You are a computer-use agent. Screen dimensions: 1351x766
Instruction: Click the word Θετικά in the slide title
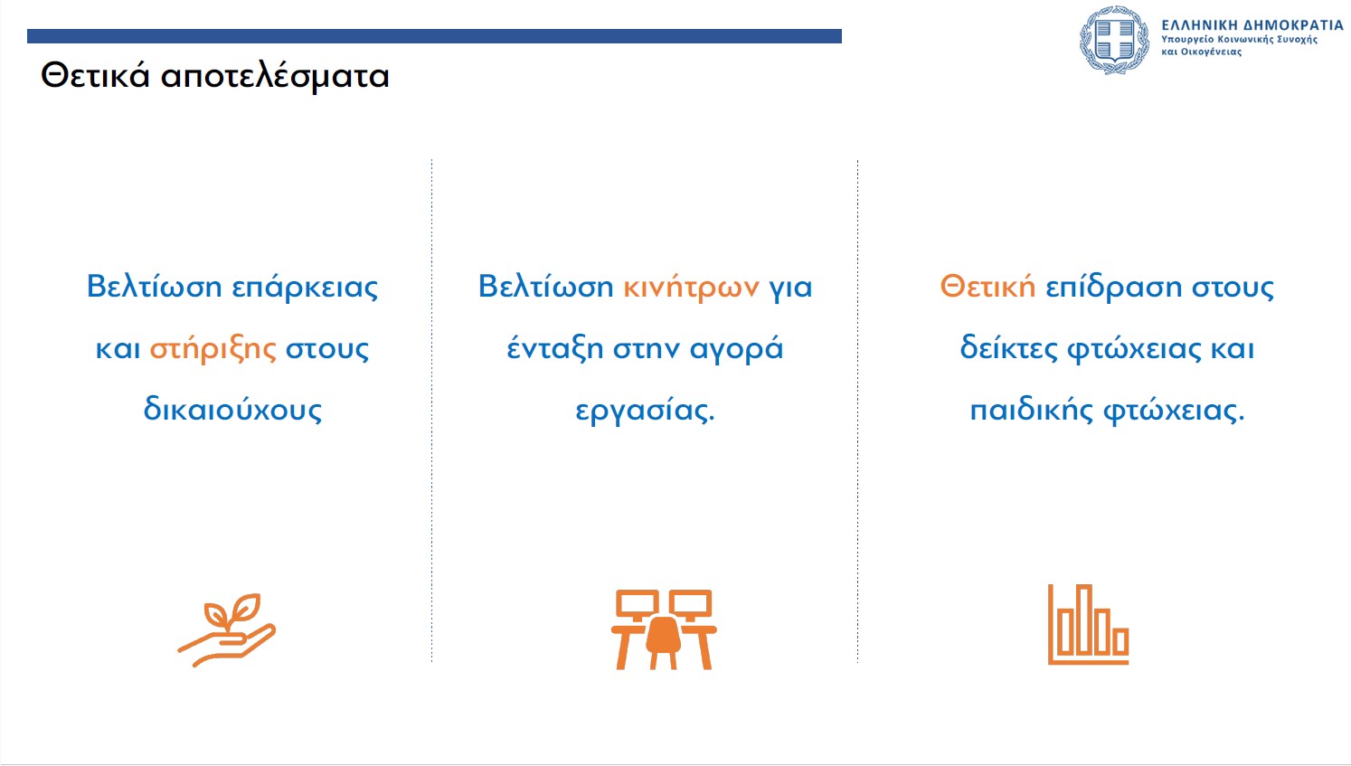95,77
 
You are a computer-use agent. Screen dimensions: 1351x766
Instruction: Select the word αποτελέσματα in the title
275,78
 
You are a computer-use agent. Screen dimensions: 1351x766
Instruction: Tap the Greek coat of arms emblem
1114,41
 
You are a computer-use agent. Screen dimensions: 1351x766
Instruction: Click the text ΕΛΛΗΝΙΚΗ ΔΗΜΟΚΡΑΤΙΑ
1252,25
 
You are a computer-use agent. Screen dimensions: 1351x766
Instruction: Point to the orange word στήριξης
213,348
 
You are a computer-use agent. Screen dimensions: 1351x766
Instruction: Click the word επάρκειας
305,287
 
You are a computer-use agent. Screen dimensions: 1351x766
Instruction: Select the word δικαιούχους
232,410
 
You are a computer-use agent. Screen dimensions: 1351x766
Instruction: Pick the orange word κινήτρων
691,287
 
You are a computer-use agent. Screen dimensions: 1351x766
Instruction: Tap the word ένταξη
555,348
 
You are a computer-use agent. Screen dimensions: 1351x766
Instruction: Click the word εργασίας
645,411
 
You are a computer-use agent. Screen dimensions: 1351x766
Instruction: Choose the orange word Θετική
987,287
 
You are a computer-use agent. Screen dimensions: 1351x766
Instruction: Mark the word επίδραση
1113,287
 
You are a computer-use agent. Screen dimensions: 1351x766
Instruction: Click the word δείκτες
1008,348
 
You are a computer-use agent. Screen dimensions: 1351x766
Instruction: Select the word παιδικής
1032,411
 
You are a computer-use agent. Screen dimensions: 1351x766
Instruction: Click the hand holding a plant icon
227,630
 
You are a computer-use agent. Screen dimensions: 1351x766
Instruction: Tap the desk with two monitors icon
664,629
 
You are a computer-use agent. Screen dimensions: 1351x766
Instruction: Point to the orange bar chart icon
1088,624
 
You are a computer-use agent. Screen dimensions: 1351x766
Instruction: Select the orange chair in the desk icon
663,642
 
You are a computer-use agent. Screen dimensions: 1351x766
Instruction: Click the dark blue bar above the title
434,36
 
